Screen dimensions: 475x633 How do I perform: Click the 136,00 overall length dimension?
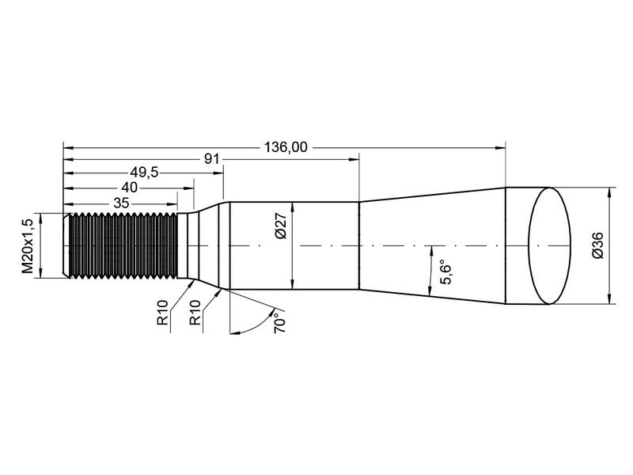pos(286,146)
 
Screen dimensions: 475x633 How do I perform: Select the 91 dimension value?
pos(211,159)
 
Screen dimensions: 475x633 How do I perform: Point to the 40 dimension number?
pos(129,188)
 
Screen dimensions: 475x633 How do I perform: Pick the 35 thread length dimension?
pos(121,202)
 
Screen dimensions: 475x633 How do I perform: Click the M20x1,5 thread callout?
pos(28,245)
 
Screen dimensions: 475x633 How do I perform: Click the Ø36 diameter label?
pos(597,247)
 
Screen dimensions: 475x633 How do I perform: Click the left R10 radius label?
pos(162,313)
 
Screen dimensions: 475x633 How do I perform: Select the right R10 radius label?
pos(195,313)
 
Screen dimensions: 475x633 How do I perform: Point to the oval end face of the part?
pos(549,245)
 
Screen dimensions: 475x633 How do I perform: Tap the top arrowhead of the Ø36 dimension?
pos(608,192)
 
